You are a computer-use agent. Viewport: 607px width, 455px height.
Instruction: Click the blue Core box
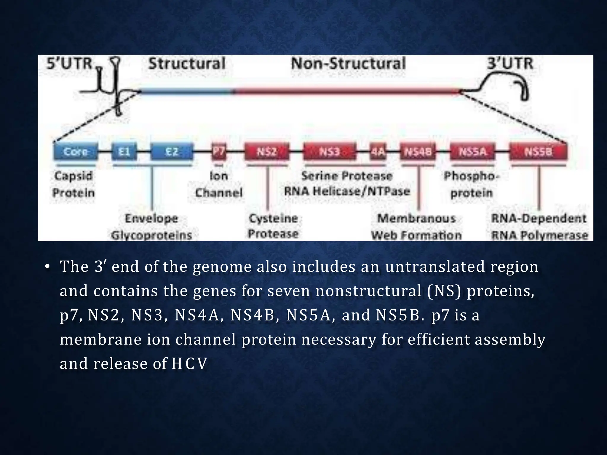click(x=76, y=152)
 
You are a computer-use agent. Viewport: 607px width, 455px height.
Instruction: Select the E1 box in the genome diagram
click(x=124, y=152)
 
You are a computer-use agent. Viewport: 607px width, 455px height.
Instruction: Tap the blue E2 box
click(x=172, y=152)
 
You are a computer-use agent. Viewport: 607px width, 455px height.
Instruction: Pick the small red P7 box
click(x=219, y=152)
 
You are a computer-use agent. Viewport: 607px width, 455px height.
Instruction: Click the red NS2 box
click(x=267, y=152)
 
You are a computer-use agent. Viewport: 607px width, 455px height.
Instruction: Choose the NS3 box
click(x=330, y=152)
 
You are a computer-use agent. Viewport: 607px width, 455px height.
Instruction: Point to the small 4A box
click(x=378, y=152)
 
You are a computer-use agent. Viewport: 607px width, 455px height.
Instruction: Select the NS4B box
click(x=418, y=152)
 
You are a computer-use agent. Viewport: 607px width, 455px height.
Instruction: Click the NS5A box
click(x=472, y=152)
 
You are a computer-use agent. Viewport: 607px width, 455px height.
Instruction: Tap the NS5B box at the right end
click(x=538, y=152)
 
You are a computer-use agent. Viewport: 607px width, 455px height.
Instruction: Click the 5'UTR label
click(x=69, y=64)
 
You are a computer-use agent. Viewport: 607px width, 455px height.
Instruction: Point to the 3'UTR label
click(x=510, y=64)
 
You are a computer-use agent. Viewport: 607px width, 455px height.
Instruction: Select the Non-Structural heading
click(x=348, y=64)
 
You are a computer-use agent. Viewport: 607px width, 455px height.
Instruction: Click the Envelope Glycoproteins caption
click(x=151, y=227)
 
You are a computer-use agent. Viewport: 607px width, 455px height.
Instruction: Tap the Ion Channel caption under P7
click(x=219, y=184)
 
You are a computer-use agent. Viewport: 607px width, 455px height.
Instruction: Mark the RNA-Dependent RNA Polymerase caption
click(x=539, y=227)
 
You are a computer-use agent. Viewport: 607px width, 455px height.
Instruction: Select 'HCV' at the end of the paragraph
click(x=189, y=364)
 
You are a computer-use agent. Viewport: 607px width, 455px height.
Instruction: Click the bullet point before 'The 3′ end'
click(x=47, y=267)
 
